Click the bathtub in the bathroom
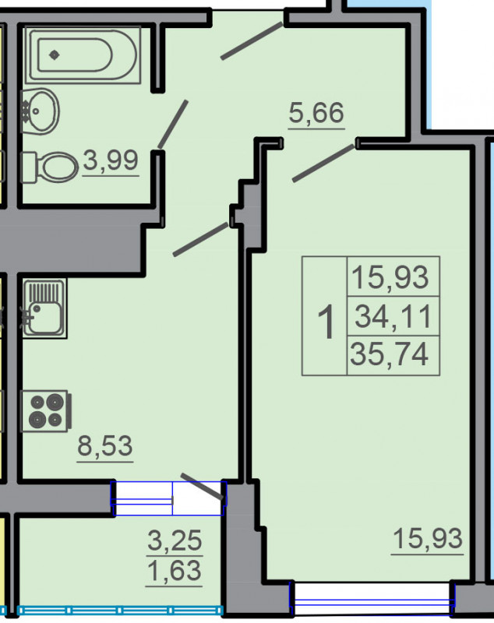(83, 55)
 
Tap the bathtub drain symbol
(55, 55)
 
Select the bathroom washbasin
(40, 111)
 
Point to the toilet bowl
(49, 167)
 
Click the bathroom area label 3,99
(111, 160)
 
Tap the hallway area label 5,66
(316, 113)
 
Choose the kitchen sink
(44, 308)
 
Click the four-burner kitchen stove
(46, 411)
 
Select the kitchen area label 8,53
(105, 445)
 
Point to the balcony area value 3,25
(175, 540)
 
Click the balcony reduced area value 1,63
(175, 571)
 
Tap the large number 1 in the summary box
(326, 322)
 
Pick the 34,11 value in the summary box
(393, 316)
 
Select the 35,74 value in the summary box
(390, 354)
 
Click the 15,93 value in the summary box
(390, 277)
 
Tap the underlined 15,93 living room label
(428, 539)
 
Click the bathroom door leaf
(173, 124)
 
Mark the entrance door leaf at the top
(252, 41)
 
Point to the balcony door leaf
(202, 486)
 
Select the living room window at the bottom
(372, 598)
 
